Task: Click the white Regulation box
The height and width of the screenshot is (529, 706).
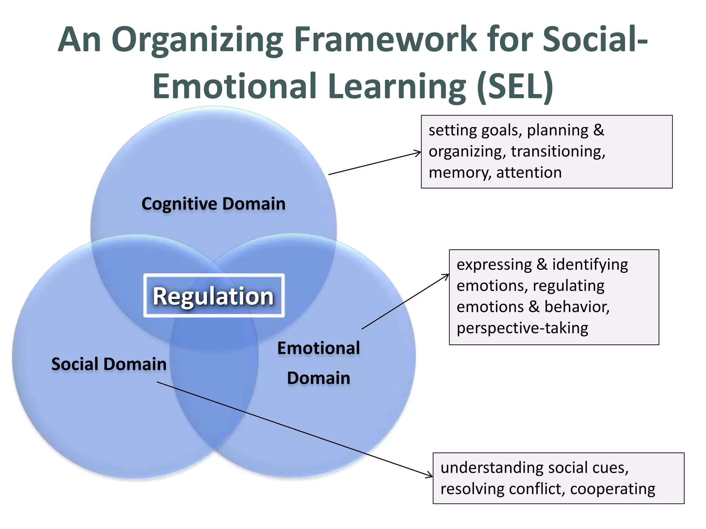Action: [x=214, y=295]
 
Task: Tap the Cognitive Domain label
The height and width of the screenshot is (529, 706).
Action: [x=213, y=204]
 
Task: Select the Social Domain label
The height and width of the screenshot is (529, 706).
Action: [x=109, y=364]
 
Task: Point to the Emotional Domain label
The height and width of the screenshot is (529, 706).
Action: [x=319, y=363]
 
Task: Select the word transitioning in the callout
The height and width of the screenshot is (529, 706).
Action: [x=558, y=152]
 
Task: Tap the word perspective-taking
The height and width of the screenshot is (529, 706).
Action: [x=522, y=328]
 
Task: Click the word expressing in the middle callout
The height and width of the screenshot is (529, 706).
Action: [x=494, y=264]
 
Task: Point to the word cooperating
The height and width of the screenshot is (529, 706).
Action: [x=613, y=489]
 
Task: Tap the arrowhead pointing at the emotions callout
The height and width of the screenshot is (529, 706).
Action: [x=447, y=276]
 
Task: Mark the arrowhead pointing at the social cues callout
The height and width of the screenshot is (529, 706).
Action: [x=430, y=476]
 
